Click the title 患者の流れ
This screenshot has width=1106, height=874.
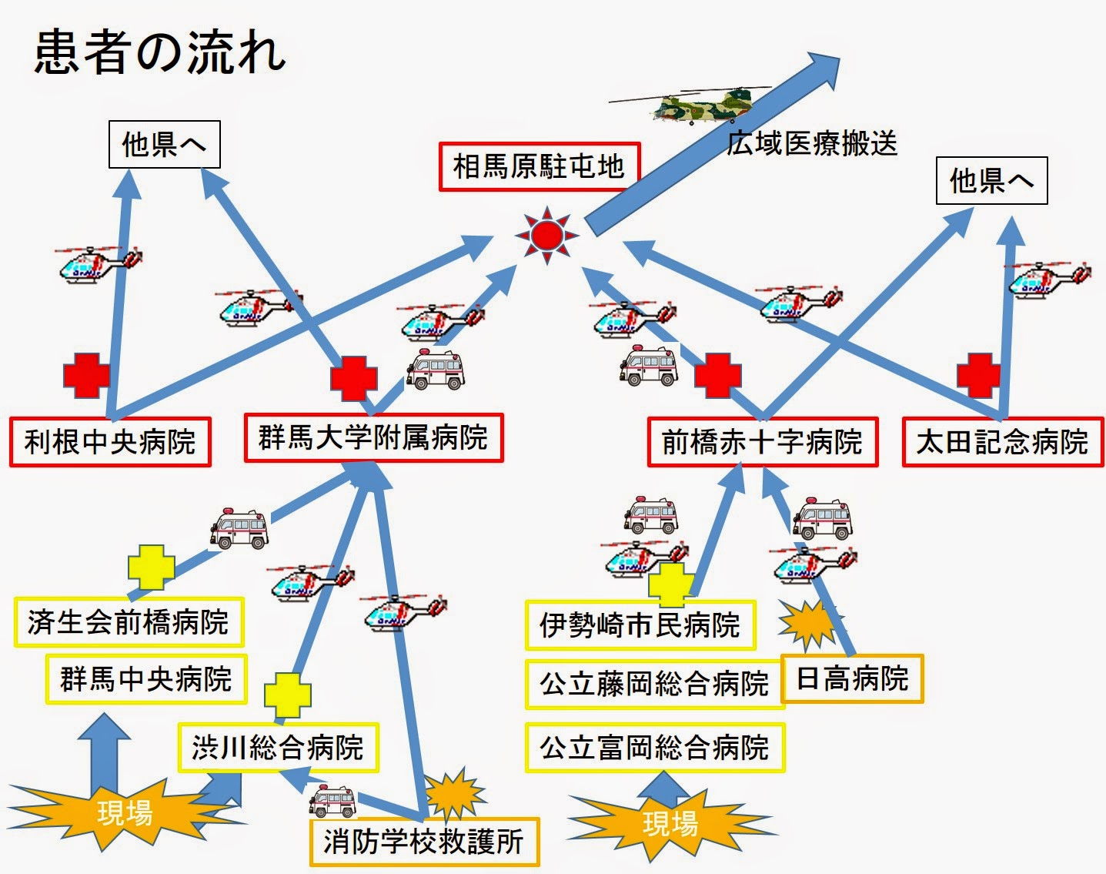160,52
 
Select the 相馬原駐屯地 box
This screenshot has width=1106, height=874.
539,166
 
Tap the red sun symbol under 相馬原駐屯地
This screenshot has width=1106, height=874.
546,235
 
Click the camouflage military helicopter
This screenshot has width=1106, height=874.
697,105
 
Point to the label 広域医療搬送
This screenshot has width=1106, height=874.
812,143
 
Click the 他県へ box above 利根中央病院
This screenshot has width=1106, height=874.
164,144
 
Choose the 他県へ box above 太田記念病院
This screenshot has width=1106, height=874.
991,181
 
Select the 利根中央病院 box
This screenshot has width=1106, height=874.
110,442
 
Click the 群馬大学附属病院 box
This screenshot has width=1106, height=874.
373,438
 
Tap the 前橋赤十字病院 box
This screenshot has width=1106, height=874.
762,442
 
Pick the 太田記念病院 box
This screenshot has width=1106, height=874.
1002,442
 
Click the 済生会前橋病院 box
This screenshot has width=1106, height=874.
129,622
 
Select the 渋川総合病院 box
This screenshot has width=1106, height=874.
278,747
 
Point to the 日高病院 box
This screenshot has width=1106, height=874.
852,679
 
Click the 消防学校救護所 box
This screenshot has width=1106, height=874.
423,842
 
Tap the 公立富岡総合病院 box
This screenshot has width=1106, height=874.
654,747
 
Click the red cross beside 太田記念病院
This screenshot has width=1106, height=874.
978,375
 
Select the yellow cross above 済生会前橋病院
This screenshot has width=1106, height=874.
151,568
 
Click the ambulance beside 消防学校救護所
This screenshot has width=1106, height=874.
333,802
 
